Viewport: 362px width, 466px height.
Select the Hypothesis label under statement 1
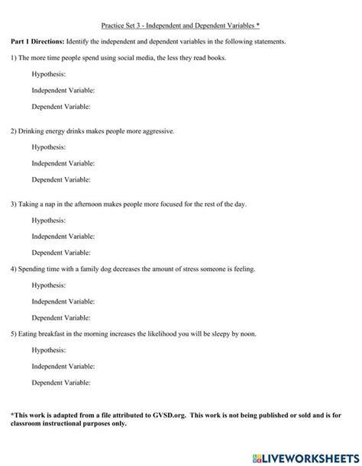(48, 74)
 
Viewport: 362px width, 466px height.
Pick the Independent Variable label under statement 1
(63, 90)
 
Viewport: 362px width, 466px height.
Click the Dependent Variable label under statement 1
(61, 107)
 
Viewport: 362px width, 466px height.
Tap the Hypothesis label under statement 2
(48, 147)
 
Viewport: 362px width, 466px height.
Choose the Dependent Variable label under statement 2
(61, 180)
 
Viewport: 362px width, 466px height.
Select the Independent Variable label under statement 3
(63, 236)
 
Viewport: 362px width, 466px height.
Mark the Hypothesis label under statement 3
(48, 220)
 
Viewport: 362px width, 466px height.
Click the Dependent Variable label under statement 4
(61, 318)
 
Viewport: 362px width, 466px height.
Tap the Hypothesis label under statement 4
(48, 285)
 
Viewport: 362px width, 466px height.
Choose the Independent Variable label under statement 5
(63, 366)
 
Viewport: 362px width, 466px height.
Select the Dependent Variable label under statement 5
(61, 382)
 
